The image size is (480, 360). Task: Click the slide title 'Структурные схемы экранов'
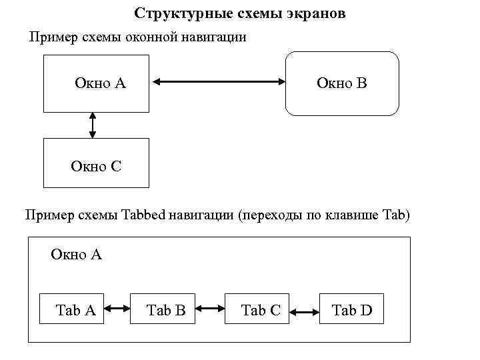tap(240, 13)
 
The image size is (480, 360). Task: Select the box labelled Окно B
tap(342, 83)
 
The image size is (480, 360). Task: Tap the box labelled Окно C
tap(96, 163)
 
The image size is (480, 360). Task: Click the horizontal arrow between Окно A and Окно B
tap(218, 83)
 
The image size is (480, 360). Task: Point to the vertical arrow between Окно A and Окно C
tap(93, 125)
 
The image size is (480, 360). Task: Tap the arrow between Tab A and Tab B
tap(117, 309)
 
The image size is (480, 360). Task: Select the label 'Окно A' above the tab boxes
tap(76, 254)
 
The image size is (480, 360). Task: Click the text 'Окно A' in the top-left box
tap(100, 83)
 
